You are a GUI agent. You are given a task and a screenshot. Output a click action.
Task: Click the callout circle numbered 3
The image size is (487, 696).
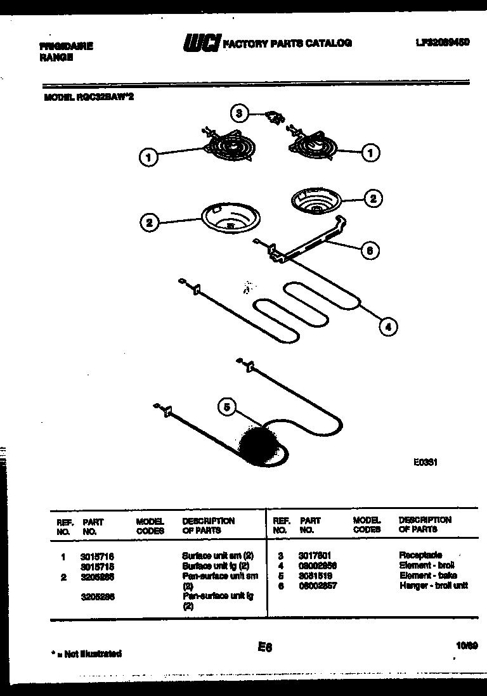click(x=238, y=114)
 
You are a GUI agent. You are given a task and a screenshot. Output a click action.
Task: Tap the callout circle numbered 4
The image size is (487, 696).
click(x=389, y=326)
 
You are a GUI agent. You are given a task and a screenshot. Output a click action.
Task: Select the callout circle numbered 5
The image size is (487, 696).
click(x=227, y=407)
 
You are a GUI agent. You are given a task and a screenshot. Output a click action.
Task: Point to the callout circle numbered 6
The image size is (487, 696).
click(x=370, y=250)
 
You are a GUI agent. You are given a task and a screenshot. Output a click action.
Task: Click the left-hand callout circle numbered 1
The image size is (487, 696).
click(x=148, y=157)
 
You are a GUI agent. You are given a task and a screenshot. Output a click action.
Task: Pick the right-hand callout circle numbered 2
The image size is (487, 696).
click(x=373, y=198)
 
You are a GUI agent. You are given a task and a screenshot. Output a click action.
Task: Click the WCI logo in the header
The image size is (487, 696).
click(x=201, y=43)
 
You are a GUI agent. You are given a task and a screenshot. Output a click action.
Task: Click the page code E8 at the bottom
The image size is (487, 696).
click(x=264, y=647)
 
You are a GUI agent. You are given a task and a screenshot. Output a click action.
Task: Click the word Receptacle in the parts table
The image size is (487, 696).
click(x=420, y=555)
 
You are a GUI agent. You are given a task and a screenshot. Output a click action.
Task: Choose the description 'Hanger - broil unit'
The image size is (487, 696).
click(x=433, y=586)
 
